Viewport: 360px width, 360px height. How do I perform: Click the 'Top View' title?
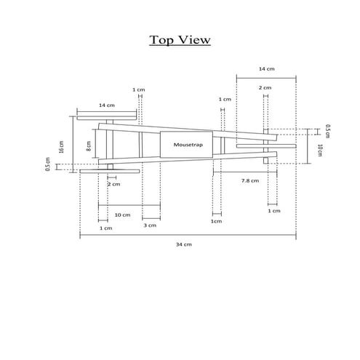click(x=180, y=39)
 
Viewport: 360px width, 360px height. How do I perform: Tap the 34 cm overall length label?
click(x=183, y=244)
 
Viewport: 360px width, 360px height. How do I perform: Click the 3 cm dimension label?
click(x=151, y=226)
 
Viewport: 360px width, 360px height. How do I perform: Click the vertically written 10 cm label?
click(x=320, y=151)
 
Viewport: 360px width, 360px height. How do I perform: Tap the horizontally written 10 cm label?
click(x=122, y=215)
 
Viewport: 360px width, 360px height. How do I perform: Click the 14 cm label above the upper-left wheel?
click(x=107, y=105)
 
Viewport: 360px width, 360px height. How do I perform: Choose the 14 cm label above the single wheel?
click(x=266, y=68)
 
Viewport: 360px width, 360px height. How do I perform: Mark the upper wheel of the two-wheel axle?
click(x=107, y=116)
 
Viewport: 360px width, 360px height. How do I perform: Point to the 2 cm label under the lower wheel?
click(x=114, y=185)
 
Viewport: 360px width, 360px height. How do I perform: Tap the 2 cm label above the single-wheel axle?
click(x=265, y=87)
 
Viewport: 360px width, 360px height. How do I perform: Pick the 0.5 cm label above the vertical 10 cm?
click(x=327, y=131)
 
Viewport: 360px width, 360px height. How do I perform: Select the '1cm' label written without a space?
click(x=216, y=221)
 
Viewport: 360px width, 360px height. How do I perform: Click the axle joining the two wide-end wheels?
click(x=110, y=144)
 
